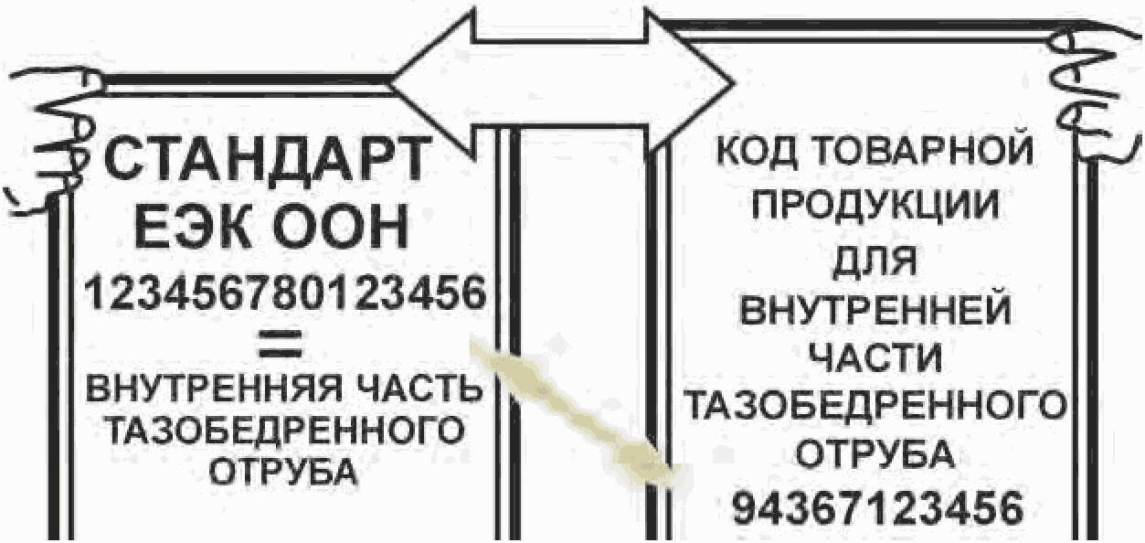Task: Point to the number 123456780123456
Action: coord(283,294)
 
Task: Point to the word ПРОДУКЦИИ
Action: coord(875,207)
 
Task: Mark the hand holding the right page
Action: coord(1097,91)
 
